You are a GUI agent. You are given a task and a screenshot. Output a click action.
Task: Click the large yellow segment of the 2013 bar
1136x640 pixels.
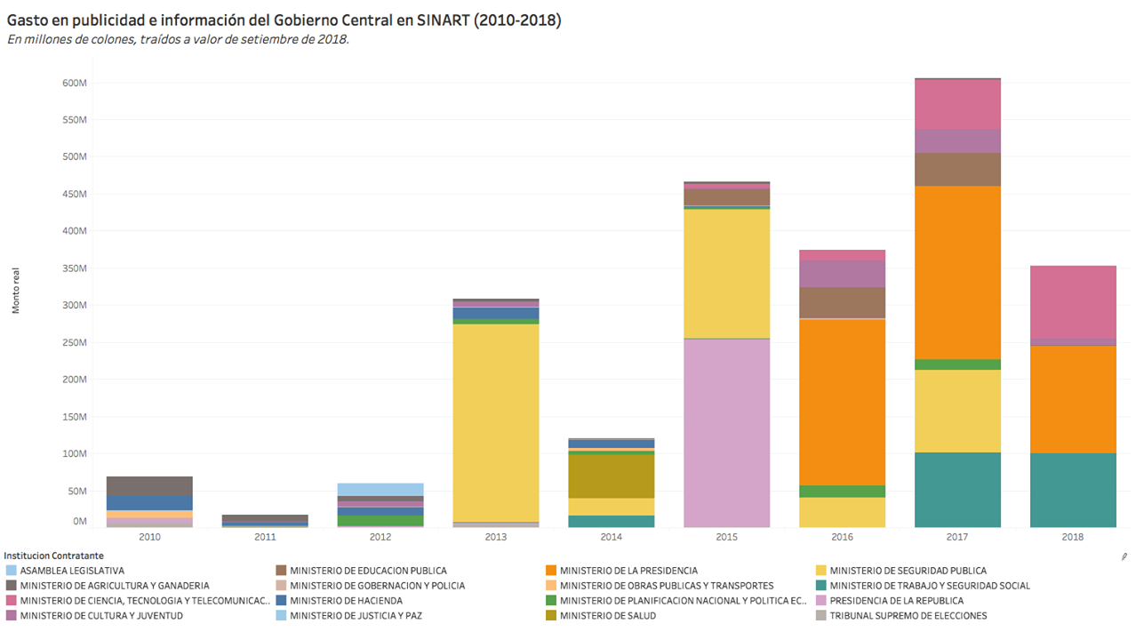495,422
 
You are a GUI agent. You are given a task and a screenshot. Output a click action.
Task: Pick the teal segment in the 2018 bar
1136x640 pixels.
1073,490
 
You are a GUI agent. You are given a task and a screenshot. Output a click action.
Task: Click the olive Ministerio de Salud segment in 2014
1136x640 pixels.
611,476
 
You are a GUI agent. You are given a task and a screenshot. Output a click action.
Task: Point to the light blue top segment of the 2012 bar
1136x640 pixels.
380,489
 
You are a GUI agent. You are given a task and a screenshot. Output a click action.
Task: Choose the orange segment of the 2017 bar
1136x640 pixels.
957,272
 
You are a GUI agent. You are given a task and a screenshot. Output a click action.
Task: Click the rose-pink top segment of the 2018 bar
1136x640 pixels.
1073,301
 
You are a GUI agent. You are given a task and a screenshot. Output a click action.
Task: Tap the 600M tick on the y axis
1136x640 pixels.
74,83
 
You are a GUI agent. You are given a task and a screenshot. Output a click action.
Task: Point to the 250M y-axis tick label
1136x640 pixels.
74,342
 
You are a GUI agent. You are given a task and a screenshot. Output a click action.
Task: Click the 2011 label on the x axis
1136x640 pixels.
265,537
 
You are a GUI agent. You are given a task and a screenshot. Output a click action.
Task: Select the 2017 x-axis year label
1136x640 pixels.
957,537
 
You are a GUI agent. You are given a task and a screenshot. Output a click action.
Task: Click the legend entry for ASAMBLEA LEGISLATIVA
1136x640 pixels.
72,571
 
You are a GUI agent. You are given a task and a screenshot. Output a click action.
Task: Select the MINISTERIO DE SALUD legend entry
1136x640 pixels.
608,615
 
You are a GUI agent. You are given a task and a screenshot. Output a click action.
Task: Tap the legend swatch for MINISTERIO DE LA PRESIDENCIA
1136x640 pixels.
551,571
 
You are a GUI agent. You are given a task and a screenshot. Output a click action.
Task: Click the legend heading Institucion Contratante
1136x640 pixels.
52,556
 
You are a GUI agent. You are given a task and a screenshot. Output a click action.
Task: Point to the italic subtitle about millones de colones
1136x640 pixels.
178,40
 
